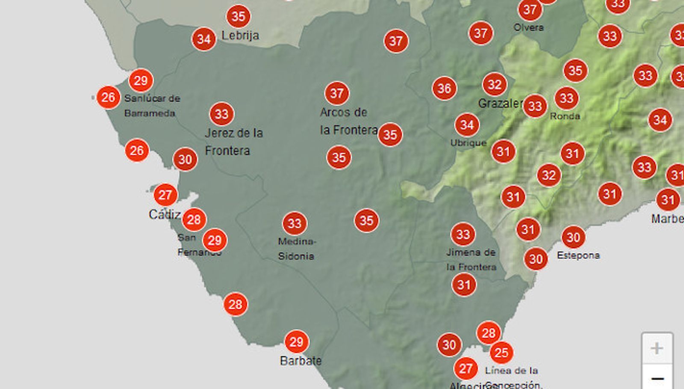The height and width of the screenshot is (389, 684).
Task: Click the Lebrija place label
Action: pyautogui.click(x=240, y=35)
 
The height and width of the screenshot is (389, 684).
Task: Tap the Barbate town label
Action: pyautogui.click(x=301, y=361)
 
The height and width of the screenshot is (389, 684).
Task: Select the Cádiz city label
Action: pyautogui.click(x=164, y=214)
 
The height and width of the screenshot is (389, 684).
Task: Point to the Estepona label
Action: pyautogui.click(x=578, y=255)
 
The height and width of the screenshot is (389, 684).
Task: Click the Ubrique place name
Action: pyautogui.click(x=468, y=143)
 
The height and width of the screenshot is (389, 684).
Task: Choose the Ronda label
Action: pyautogui.click(x=565, y=116)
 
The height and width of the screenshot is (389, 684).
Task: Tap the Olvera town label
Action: pyautogui.click(x=528, y=27)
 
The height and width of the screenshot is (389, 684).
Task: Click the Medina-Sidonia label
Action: pyautogui.click(x=297, y=249)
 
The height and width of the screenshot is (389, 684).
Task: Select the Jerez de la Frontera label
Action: pyautogui.click(x=233, y=142)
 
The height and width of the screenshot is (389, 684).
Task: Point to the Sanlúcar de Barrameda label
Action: pyautogui.click(x=152, y=106)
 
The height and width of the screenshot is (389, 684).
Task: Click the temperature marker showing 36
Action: pyautogui.click(x=444, y=89)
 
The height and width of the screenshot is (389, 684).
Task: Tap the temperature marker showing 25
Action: pyautogui.click(x=501, y=353)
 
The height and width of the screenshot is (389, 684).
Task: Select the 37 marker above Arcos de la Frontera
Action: pyautogui.click(x=337, y=93)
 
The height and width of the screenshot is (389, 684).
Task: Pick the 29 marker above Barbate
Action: pyautogui.click(x=296, y=342)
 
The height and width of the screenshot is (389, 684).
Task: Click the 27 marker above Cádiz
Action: pyautogui.click(x=165, y=195)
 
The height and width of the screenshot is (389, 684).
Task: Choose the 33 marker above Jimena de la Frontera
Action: pyautogui.click(x=463, y=235)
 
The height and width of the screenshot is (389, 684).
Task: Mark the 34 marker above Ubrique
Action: pyautogui.click(x=467, y=125)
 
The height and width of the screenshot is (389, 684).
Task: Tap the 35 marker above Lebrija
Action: pyautogui.click(x=238, y=16)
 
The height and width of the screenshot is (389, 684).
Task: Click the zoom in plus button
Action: pyautogui.click(x=657, y=348)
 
